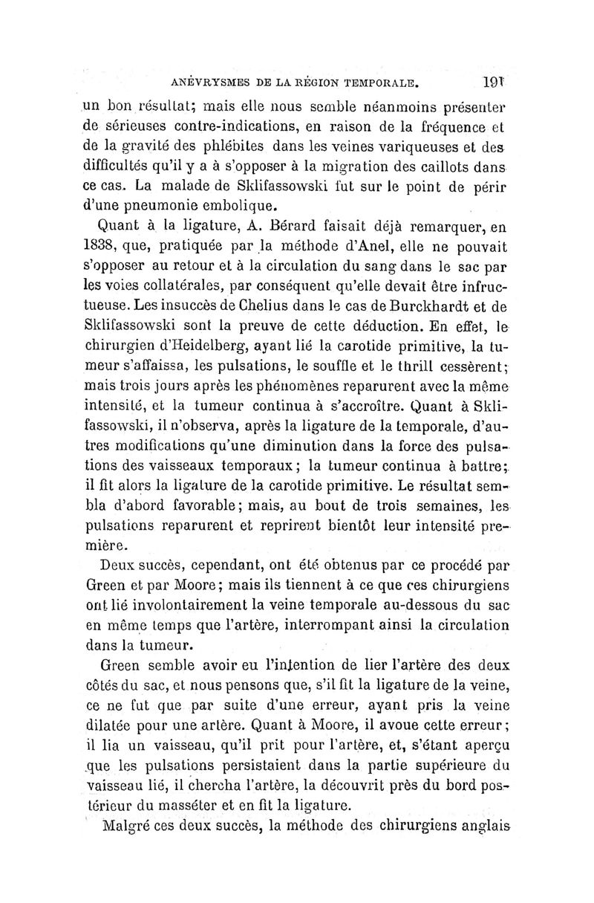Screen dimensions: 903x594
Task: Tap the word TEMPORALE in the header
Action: pos(385,76)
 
